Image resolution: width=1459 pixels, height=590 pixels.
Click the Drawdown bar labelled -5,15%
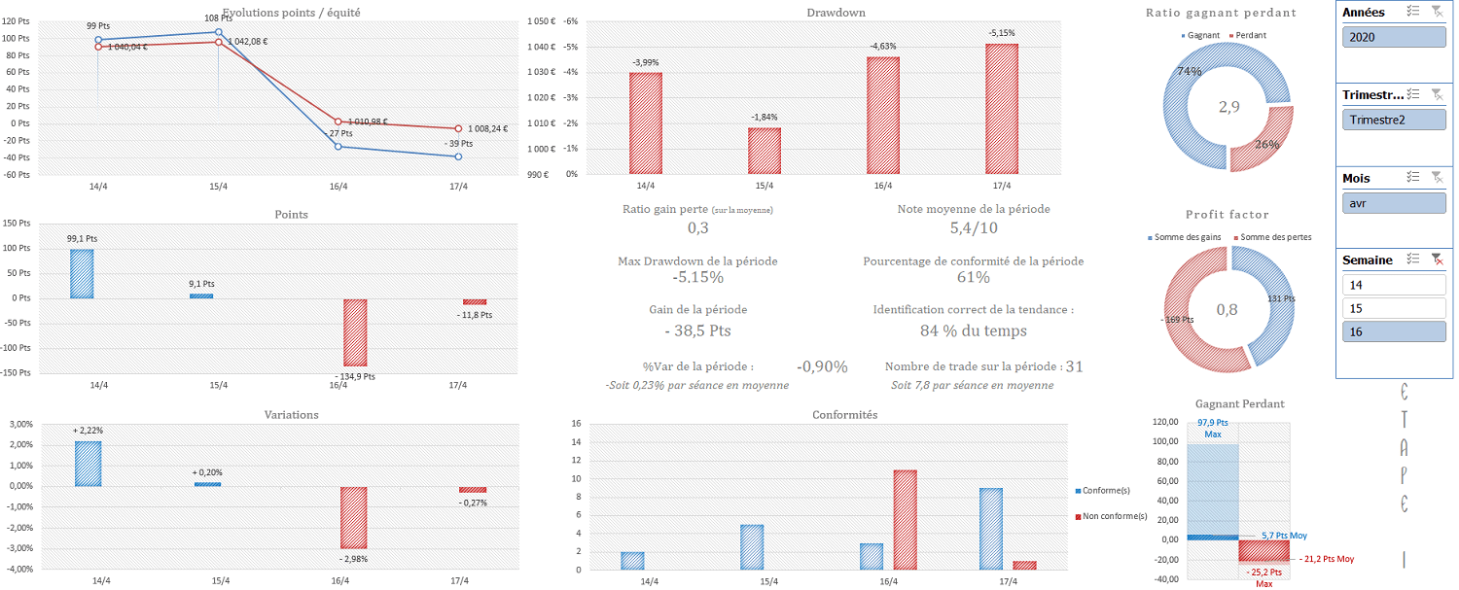1001,109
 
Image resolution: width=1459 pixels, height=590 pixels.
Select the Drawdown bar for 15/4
764,151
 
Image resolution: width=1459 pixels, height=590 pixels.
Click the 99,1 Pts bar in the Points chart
82,273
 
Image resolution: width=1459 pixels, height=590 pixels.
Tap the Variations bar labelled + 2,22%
88,464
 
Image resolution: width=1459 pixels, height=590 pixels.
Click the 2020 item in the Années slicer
1393,37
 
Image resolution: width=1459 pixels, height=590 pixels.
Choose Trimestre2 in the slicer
1393,120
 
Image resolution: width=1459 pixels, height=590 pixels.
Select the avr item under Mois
1393,203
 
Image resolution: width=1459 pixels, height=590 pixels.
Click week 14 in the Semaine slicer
1393,285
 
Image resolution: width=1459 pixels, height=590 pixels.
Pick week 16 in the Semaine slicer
1393,331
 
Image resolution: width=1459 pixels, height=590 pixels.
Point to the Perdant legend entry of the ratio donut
1248,35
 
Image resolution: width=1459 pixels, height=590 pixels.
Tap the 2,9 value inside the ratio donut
1228,107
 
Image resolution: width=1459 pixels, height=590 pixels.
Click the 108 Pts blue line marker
218,32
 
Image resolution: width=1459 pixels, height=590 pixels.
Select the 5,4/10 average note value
974,228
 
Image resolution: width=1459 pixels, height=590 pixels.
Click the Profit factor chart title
1227,215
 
